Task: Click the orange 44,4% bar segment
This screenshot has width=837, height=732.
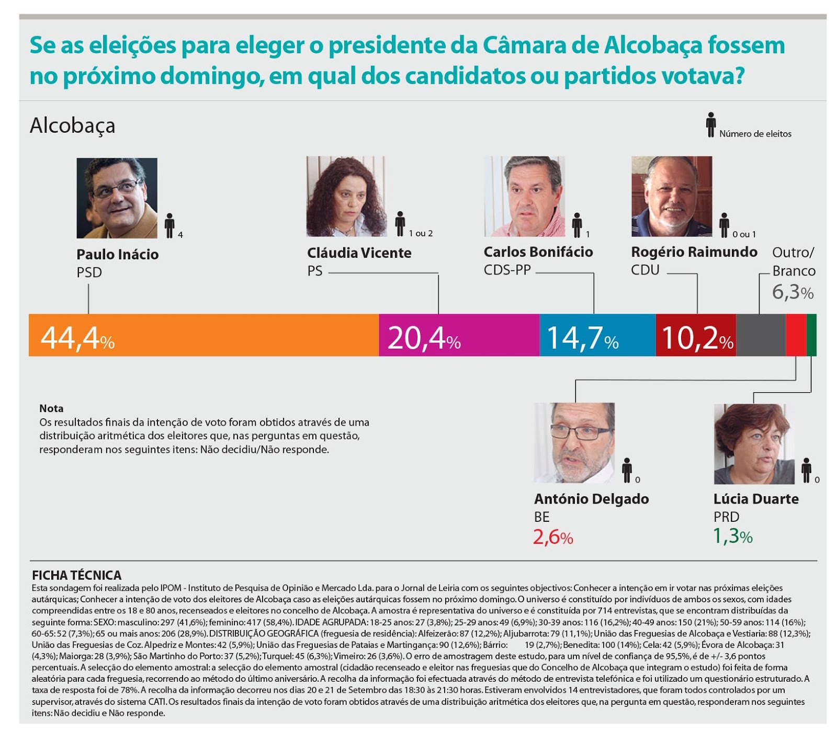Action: tap(204, 335)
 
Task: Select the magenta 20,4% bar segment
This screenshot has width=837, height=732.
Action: tap(459, 335)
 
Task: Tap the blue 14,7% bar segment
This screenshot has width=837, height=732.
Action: tap(597, 335)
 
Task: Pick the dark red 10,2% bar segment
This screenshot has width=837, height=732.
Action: tap(695, 335)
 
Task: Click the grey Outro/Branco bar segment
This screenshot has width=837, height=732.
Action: tap(761, 335)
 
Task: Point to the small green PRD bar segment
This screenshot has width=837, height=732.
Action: tap(811, 335)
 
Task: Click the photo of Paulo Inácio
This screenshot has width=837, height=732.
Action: tap(117, 198)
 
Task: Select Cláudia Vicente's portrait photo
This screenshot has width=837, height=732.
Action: tap(346, 197)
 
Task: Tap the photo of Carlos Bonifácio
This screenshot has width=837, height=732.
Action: tap(525, 197)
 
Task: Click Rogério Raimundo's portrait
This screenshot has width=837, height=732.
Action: tap(672, 197)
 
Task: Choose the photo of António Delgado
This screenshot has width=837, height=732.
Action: tap(574, 442)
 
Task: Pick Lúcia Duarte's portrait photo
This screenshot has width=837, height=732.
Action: tap(754, 444)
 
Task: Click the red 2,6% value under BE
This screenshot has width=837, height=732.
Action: tap(553, 537)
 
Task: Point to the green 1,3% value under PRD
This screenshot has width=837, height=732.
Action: tap(733, 536)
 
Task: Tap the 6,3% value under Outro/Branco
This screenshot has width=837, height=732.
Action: tap(793, 292)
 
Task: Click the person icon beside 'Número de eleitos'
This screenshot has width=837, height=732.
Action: tap(710, 125)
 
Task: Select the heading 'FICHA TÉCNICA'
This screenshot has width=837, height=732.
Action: tap(76, 575)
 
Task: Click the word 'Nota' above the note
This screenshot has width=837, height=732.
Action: tap(51, 408)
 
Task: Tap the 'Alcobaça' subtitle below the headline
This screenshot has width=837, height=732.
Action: tap(72, 125)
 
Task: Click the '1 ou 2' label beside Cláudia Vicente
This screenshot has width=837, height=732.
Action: tap(421, 233)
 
